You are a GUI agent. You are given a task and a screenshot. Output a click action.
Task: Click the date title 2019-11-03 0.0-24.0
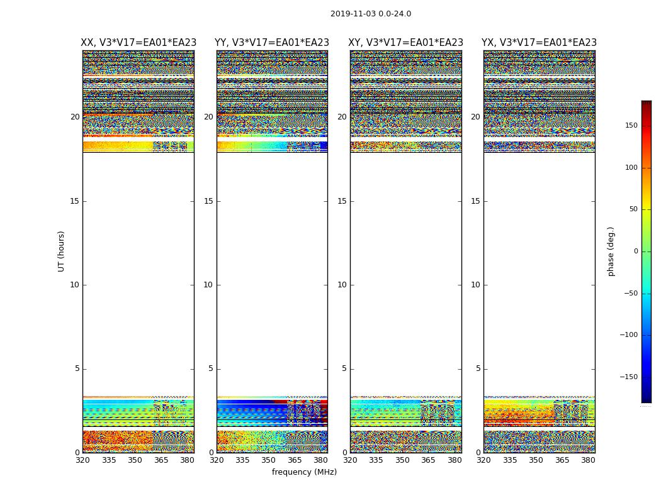(371, 14)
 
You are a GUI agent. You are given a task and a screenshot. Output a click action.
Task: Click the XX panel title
(138, 43)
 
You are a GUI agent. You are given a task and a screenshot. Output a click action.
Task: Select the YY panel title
(272, 43)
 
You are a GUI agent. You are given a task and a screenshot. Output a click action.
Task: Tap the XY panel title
(406, 43)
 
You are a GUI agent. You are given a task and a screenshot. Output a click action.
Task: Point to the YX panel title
(539, 43)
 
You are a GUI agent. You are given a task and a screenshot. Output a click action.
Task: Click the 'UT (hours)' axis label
(61, 251)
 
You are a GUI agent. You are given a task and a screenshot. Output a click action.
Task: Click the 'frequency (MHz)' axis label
(304, 472)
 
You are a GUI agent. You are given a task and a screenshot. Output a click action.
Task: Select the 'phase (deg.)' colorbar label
(611, 251)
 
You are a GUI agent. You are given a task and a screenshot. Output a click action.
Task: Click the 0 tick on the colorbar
(635, 251)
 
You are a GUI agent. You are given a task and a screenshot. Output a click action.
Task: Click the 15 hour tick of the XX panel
(75, 201)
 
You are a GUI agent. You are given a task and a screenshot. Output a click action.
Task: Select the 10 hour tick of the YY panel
(208, 285)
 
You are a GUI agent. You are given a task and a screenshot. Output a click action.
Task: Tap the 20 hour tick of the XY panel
(342, 117)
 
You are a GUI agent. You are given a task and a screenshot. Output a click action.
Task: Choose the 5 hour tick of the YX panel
(478, 368)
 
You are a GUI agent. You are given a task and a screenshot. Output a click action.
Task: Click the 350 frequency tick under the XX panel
(135, 460)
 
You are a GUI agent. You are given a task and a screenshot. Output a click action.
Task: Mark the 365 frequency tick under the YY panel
(295, 460)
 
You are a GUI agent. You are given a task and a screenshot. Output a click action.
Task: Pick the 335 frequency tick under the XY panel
(376, 460)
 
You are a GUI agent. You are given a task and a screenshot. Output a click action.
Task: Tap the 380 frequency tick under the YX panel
(588, 460)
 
